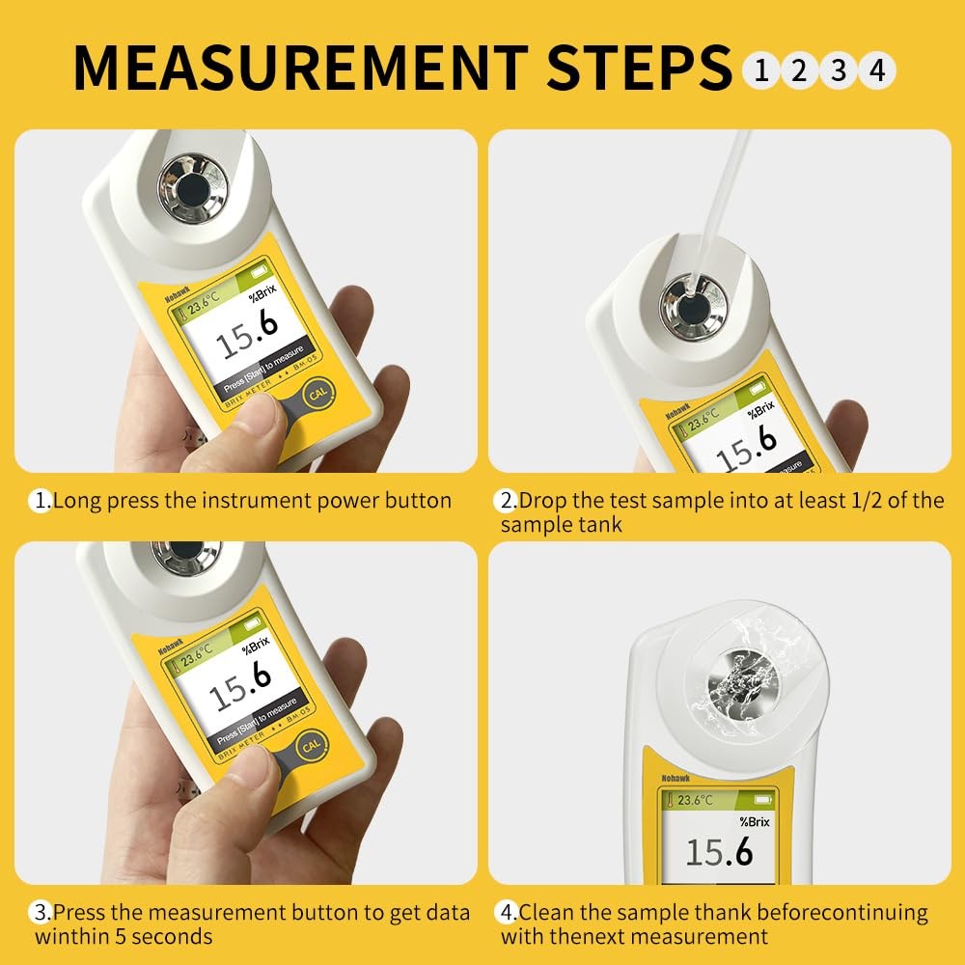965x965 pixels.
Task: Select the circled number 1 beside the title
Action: [x=761, y=69]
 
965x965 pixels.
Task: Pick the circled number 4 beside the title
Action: [x=876, y=69]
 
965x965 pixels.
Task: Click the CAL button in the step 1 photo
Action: [x=316, y=396]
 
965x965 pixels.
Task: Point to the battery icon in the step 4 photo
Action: [x=762, y=800]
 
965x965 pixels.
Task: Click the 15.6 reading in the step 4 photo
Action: [x=719, y=852]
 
